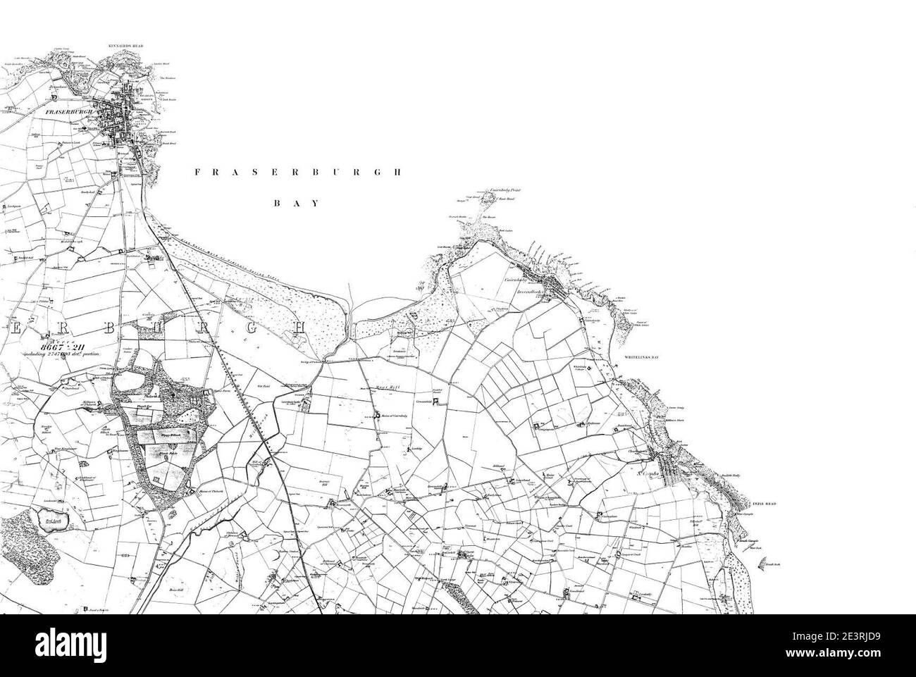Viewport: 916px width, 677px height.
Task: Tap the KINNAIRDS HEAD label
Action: [127, 46]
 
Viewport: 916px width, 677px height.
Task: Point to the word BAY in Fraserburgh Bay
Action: [297, 203]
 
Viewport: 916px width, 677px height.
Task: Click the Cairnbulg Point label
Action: [501, 191]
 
